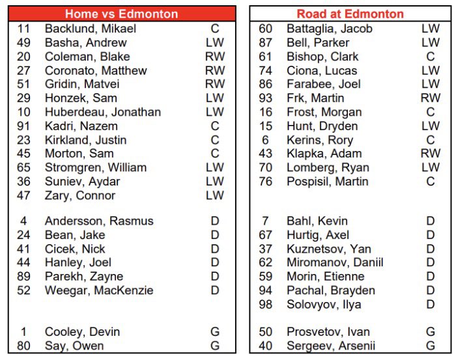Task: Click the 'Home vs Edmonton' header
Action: [121, 14]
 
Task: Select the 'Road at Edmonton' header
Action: [350, 14]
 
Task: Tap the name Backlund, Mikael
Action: [91, 29]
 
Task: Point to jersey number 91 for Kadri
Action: [23, 126]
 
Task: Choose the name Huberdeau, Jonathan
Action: [103, 112]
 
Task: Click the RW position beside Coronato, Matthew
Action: [215, 70]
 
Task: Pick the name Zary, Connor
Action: [80, 195]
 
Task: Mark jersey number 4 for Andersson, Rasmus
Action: [23, 221]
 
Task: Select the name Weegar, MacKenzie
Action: [99, 290]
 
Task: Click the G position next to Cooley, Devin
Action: [215, 332]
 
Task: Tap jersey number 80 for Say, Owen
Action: [23, 346]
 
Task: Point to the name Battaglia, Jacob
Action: [330, 29]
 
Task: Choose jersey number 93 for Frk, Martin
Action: [266, 98]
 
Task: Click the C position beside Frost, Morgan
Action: [431, 112]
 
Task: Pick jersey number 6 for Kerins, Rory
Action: [266, 140]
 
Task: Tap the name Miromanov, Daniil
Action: [335, 262]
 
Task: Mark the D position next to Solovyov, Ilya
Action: [431, 304]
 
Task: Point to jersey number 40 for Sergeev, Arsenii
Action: [266, 346]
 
